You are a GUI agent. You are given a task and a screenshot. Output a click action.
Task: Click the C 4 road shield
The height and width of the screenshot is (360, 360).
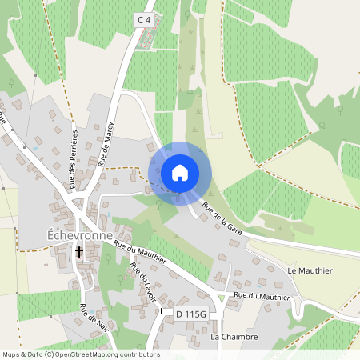pos(143,19)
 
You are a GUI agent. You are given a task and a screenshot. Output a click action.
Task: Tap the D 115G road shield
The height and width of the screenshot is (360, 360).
pos(191,314)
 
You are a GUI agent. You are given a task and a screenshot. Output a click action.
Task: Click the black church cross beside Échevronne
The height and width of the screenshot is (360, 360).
pos(79,253)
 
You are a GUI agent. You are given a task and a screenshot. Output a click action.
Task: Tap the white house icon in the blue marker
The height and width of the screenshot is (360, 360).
pos(180,173)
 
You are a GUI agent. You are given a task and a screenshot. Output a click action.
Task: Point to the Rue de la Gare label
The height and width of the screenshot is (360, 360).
pos(222,218)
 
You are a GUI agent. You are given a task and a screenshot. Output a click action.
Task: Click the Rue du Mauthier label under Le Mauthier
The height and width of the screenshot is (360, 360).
pos(262,296)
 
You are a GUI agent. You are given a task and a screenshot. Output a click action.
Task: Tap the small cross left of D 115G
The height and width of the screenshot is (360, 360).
pos(162,310)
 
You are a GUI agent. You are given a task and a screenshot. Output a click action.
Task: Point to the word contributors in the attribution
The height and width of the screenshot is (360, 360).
pos(140,354)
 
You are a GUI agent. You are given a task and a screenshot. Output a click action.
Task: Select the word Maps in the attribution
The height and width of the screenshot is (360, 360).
pos(11,354)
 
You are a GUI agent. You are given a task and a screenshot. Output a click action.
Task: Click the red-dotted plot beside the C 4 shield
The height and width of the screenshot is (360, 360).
pos(143,40)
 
